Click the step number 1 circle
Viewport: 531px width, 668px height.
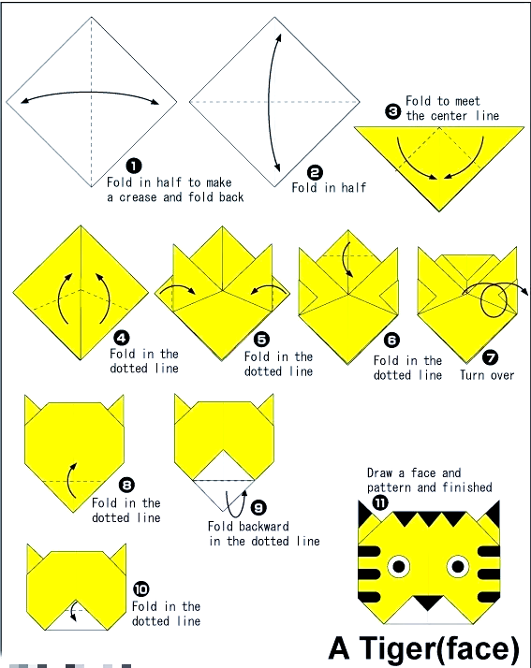pyautogui.click(x=134, y=166)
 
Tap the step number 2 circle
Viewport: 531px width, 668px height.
pyautogui.click(x=315, y=172)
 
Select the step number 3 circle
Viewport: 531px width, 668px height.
pyautogui.click(x=392, y=111)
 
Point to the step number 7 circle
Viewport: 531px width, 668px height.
pyautogui.click(x=491, y=357)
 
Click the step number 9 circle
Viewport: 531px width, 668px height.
pyautogui.click(x=258, y=507)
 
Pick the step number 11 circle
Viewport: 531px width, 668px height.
pyautogui.click(x=380, y=502)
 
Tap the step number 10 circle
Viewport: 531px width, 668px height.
pyautogui.click(x=141, y=589)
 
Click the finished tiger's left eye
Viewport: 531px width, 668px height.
pyautogui.click(x=399, y=567)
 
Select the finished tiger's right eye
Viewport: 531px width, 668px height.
pyautogui.click(x=458, y=567)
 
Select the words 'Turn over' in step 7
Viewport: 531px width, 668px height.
pyautogui.click(x=487, y=375)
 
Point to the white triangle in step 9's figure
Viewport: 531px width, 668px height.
pyautogui.click(x=224, y=465)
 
